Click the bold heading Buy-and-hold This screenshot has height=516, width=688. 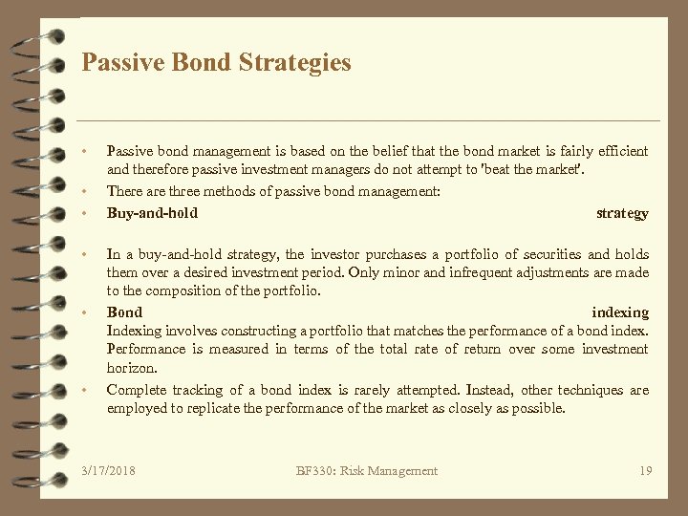click(x=152, y=213)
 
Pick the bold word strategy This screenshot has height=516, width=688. click(x=622, y=213)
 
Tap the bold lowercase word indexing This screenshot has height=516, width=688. click(x=620, y=312)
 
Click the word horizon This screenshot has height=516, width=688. click(x=132, y=368)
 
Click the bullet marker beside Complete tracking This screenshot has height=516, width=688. click(x=85, y=390)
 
